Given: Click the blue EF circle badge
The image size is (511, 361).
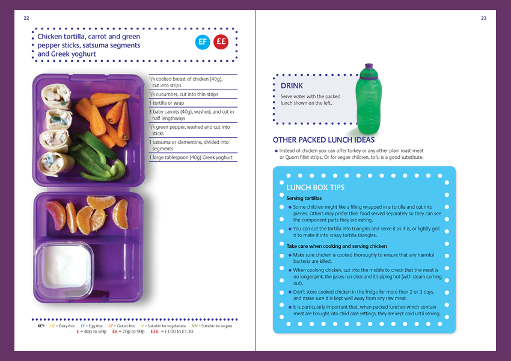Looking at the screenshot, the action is click(203, 42).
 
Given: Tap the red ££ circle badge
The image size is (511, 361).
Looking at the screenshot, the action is click(221, 42).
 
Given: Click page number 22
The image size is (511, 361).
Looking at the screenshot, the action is click(26, 18).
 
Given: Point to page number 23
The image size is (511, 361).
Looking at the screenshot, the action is click(483, 18).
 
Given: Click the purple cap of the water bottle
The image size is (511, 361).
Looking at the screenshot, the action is click(369, 71).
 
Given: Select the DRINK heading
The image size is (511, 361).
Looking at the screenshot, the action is click(292, 86).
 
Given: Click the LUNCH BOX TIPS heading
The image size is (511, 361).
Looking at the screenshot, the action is click(315, 188).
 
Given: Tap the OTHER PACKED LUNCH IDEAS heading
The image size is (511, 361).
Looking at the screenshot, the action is click(323, 140).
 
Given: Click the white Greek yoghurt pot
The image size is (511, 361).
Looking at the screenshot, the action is click(64, 269).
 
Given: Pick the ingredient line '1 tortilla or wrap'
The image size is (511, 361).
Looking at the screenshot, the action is click(167, 103).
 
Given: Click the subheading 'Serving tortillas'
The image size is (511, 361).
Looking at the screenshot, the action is click(304, 199).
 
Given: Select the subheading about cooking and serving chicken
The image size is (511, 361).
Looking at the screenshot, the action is click(337, 246).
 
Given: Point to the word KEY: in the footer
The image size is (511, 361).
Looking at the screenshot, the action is click(41, 326).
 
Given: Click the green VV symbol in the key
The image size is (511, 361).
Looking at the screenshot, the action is click(195, 326).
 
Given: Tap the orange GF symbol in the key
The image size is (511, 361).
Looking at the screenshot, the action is click(111, 326).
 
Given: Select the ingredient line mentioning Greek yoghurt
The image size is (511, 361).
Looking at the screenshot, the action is click(191, 158).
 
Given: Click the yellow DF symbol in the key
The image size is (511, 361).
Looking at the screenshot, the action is click(52, 326).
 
